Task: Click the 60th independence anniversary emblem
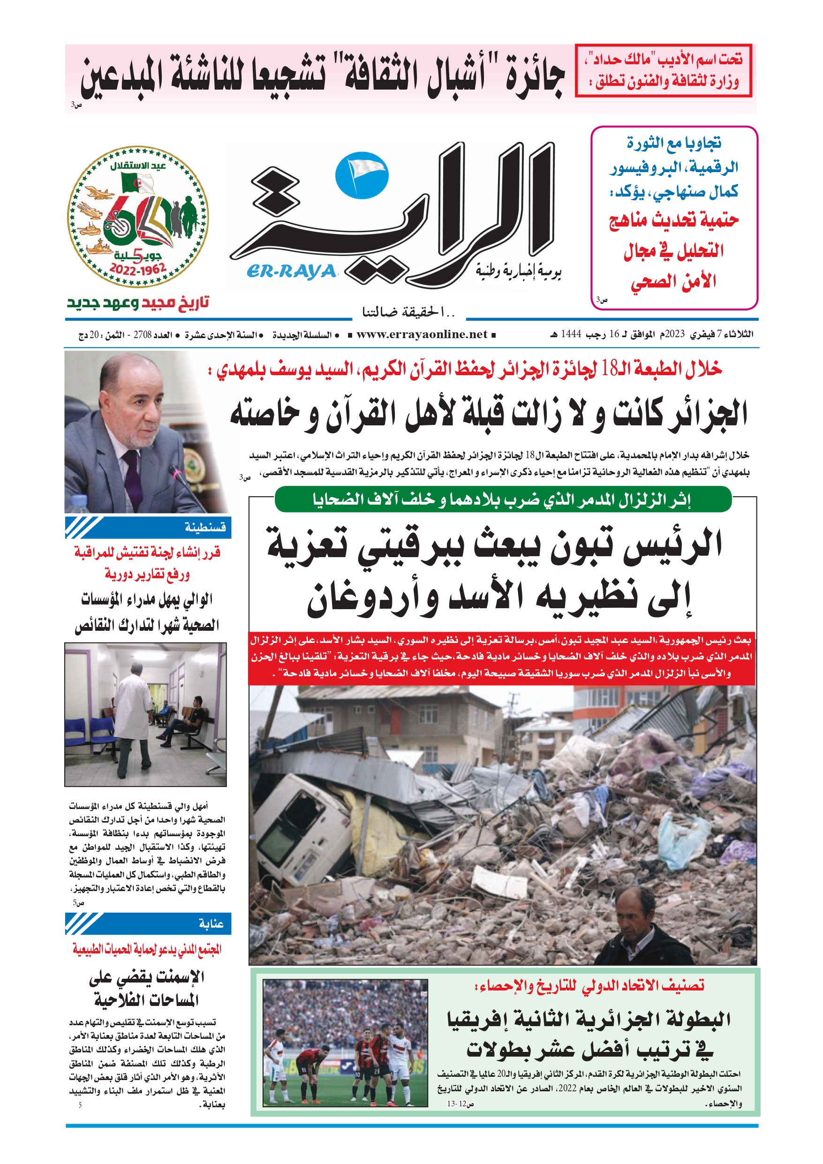(x=138, y=217)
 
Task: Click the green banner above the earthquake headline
(x=503, y=499)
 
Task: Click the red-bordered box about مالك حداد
(x=663, y=70)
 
